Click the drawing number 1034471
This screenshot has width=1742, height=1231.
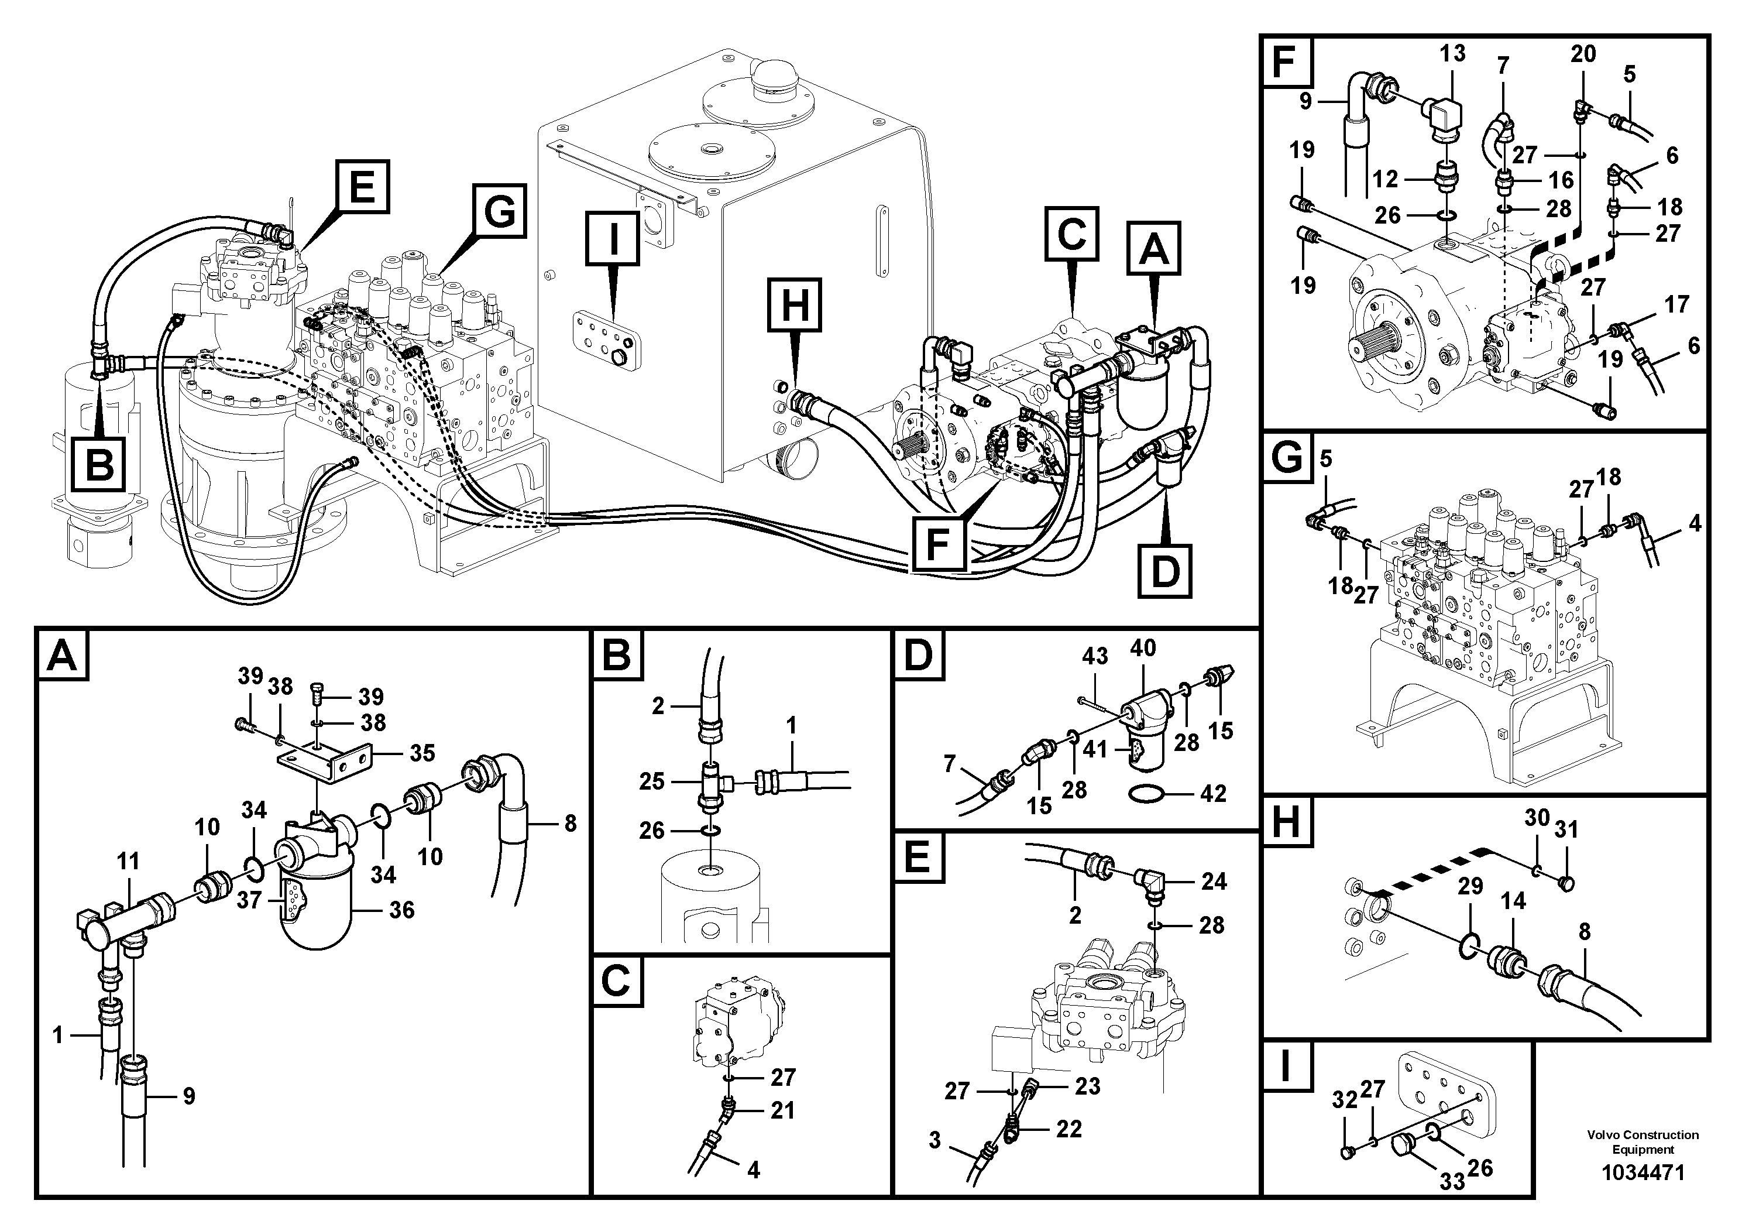1643,1172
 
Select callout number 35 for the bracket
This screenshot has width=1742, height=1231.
422,753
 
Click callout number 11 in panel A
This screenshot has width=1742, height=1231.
128,862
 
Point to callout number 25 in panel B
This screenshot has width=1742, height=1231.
651,781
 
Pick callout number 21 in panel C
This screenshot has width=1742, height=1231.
782,1110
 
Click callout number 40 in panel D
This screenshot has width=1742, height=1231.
1143,647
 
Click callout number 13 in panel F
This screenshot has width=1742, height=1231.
1452,53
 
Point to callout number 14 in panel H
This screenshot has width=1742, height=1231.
1513,901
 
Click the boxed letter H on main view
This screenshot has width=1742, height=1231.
795,306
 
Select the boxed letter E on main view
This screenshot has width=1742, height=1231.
362,186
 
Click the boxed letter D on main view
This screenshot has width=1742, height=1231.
1164,571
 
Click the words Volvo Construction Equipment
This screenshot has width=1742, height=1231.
1643,1141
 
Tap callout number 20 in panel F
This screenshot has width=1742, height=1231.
1583,54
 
